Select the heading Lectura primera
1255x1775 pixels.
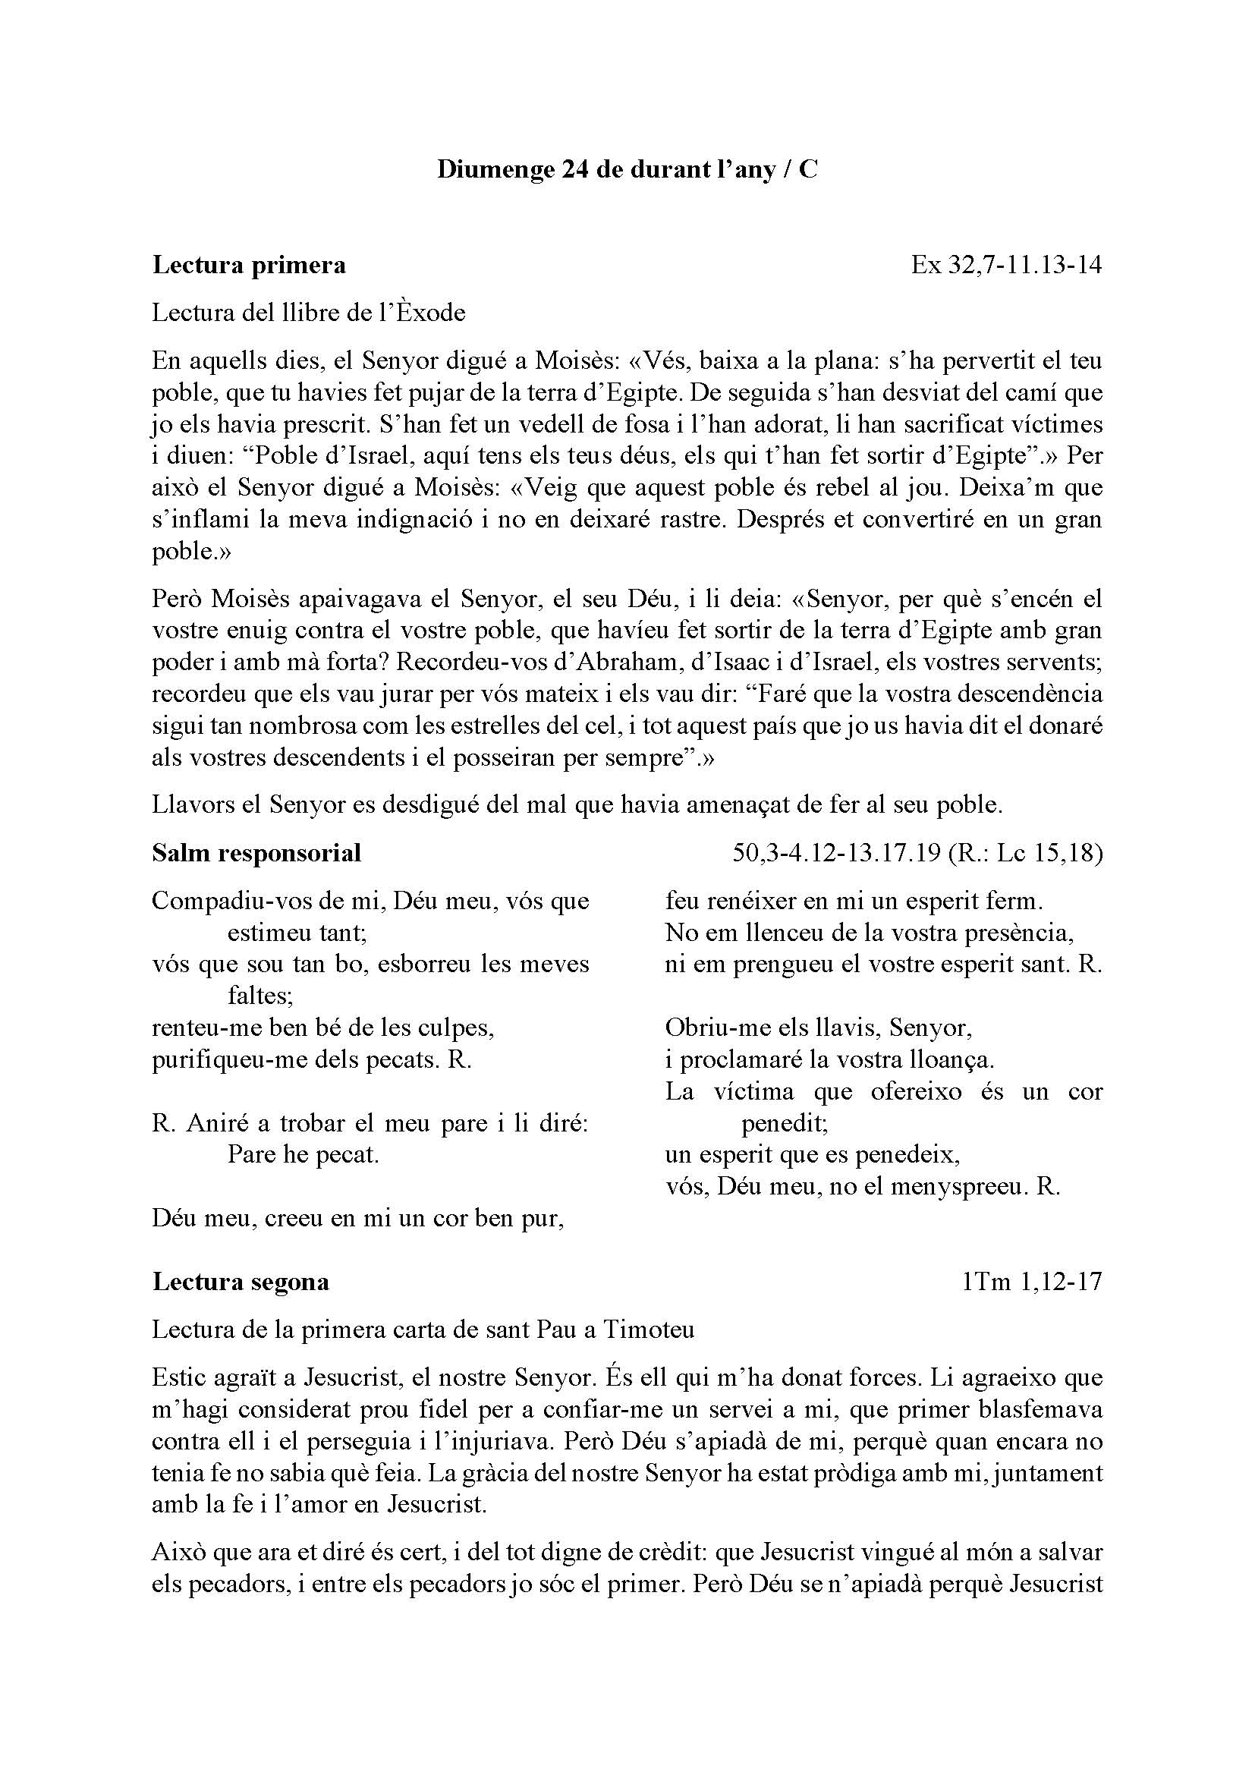(x=249, y=265)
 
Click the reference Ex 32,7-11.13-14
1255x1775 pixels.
(x=1006, y=265)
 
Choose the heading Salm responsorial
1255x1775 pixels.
(x=256, y=853)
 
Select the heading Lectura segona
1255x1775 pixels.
(x=241, y=1282)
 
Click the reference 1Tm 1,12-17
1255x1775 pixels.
(x=1033, y=1282)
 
